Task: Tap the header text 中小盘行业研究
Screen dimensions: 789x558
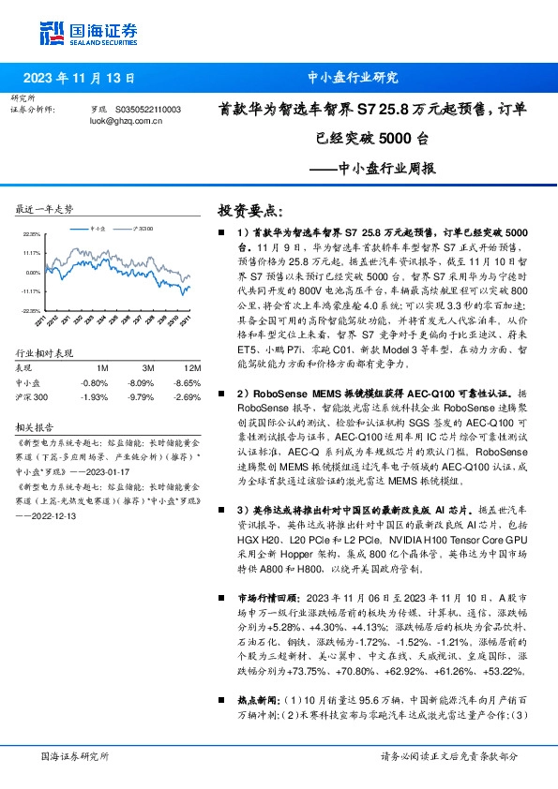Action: pyautogui.click(x=353, y=79)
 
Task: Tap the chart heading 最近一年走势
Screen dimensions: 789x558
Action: pyautogui.click(x=45, y=208)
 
